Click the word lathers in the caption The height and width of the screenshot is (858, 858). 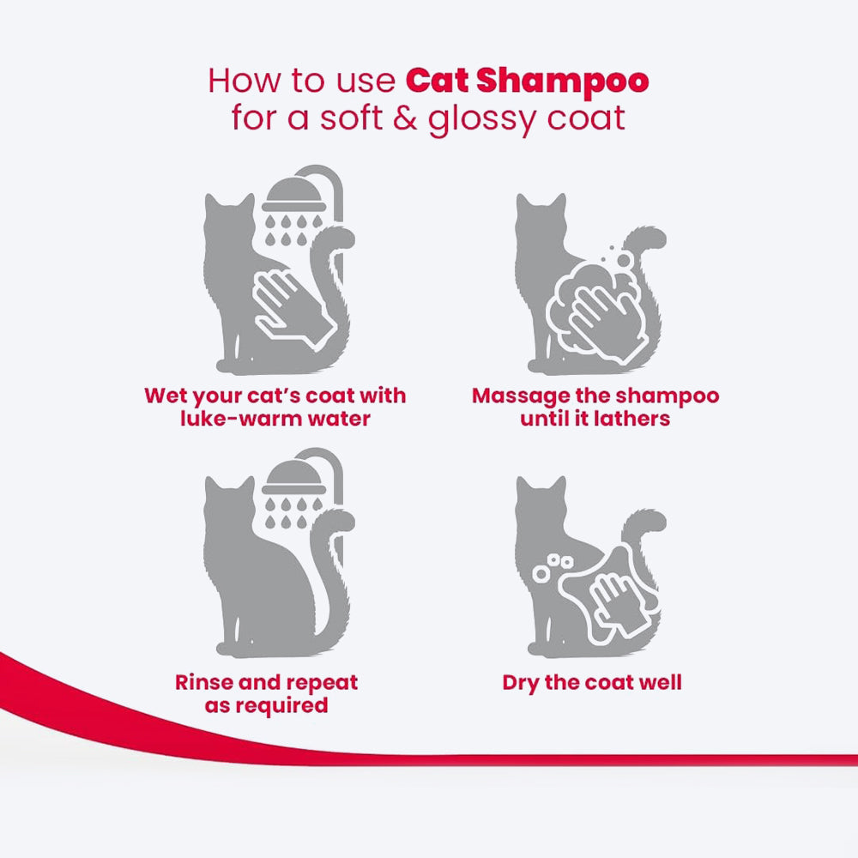[633, 420]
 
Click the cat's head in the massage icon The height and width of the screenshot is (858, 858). [541, 219]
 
